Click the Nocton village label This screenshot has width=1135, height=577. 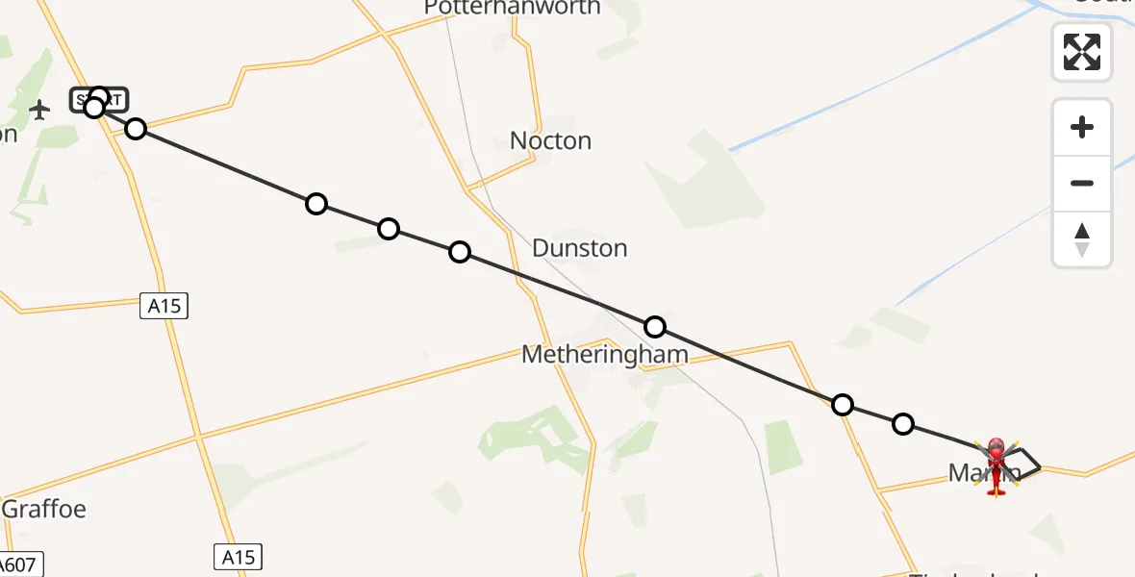(550, 141)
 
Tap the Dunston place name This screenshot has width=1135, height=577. (579, 248)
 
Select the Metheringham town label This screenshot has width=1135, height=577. (604, 355)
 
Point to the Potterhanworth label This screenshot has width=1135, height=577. (513, 8)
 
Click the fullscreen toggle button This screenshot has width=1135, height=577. (1082, 52)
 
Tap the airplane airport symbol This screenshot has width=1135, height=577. (39, 110)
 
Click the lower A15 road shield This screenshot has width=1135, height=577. (237, 557)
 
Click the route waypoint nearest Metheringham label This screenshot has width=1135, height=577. (655, 327)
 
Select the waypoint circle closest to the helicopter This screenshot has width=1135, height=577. (902, 423)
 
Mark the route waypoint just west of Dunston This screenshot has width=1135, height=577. (460, 252)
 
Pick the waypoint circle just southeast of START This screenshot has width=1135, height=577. (136, 129)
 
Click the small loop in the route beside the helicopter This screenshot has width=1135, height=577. (1023, 463)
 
